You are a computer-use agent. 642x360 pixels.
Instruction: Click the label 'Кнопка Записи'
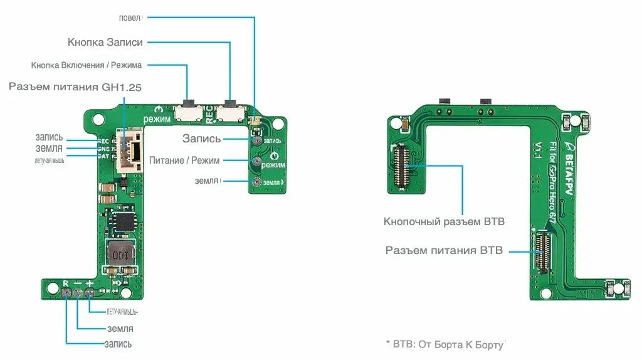105,42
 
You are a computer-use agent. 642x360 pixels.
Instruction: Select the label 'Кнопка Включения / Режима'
87,65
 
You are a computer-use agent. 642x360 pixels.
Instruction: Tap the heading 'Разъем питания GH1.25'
75,87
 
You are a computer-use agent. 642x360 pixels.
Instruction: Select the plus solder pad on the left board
90,293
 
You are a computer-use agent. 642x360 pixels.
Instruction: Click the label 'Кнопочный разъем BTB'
444,221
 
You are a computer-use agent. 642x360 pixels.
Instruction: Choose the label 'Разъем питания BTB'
444,250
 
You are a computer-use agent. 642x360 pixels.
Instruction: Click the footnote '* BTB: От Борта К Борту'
445,344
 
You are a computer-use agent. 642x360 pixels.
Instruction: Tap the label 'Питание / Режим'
184,161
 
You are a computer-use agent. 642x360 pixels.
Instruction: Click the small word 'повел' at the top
129,17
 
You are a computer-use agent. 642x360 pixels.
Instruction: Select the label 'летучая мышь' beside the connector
49,160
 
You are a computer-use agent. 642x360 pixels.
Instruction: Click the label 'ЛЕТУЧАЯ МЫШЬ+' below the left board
122,312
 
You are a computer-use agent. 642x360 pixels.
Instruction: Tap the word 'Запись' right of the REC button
201,139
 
